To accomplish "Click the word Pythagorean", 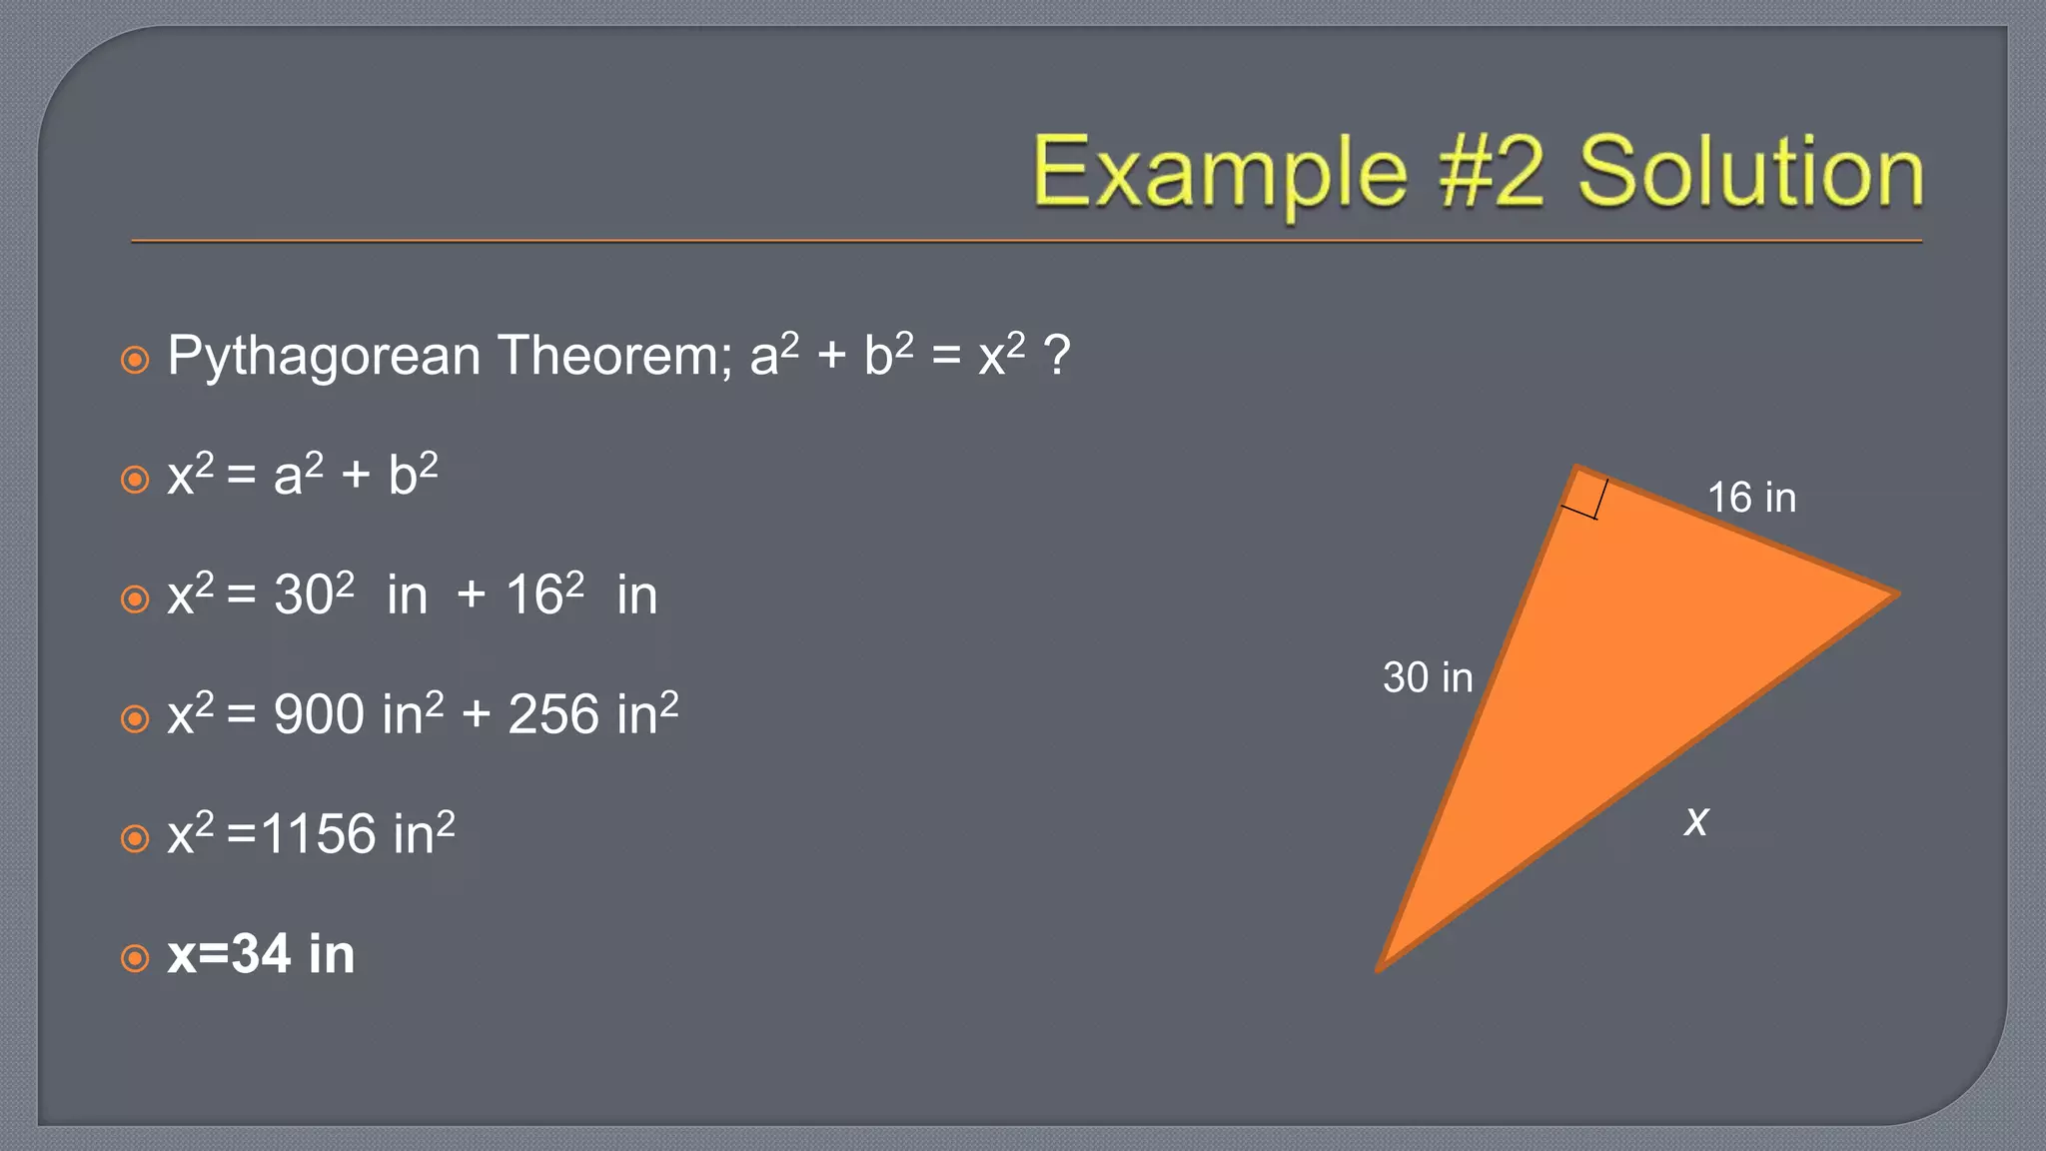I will pos(324,357).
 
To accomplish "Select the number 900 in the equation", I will pos(319,715).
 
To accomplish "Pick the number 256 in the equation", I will pos(552,715).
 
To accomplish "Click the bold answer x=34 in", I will pos(261,954).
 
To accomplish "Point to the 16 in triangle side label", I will pos(1751,498).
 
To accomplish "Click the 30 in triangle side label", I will pos(1428,677).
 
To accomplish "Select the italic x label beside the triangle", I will pos(1696,821).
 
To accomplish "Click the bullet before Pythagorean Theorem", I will pos(135,360).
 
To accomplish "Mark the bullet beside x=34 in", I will pos(135,958).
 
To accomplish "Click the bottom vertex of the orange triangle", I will pos(1380,967).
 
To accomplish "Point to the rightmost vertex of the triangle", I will pos(1895,595).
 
